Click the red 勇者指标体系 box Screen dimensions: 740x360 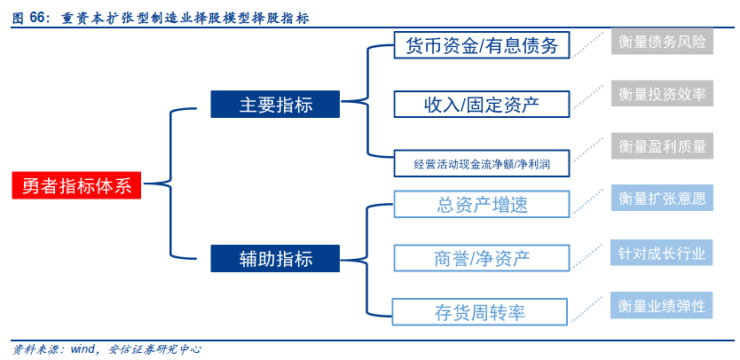[76, 185]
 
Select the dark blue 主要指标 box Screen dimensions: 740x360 [275, 104]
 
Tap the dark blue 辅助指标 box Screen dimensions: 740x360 [275, 258]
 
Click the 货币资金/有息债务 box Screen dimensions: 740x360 [482, 45]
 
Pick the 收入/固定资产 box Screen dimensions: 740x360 [482, 104]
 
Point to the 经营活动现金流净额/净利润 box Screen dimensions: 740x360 [482, 163]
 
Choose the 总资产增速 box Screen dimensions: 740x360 [482, 204]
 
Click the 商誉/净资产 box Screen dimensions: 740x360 [482, 258]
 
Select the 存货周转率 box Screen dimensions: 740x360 [480, 312]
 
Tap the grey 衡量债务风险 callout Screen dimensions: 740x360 [662, 42]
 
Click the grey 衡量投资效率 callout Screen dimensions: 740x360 [662, 93]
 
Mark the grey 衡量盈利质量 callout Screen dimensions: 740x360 [662, 145]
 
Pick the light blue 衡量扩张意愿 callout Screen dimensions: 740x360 [662, 198]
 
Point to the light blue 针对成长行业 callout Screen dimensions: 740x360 [662, 253]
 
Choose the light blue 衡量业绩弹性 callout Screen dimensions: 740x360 [662, 305]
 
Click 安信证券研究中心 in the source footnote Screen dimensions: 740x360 [154, 349]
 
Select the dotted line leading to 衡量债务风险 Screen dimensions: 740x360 [588, 45]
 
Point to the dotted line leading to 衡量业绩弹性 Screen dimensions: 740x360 [586, 311]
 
